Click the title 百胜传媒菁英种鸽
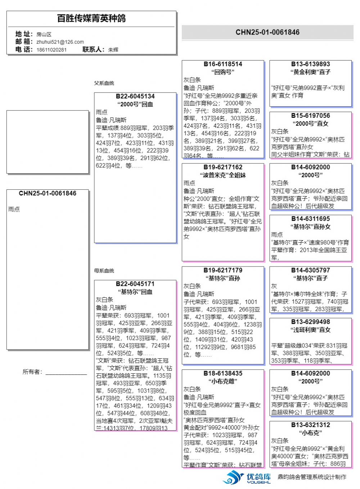pyautogui.click(x=91, y=18)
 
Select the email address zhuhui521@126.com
pyautogui.click(x=60, y=42)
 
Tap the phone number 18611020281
pyautogui.click(x=51, y=50)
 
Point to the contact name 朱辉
pyautogui.click(x=113, y=50)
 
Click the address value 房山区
pyautogui.click(x=44, y=34)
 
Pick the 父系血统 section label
pyautogui.click(x=104, y=83)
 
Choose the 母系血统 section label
pyautogui.click(x=104, y=271)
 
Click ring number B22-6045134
pyautogui.click(x=135, y=97)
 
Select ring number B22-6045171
pyautogui.click(x=135, y=284)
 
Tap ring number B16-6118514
pyautogui.click(x=223, y=64)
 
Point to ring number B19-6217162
pyautogui.click(x=223, y=167)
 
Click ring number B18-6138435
pyautogui.click(x=223, y=373)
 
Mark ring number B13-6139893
pyautogui.click(x=310, y=64)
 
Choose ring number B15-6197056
pyautogui.click(x=310, y=116)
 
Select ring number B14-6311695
pyautogui.click(x=310, y=219)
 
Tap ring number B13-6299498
pyautogui.click(x=310, y=322)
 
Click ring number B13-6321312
pyautogui.click(x=310, y=425)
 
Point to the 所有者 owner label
pyautogui.click(x=32, y=372)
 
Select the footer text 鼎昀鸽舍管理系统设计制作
pyautogui.click(x=312, y=477)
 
